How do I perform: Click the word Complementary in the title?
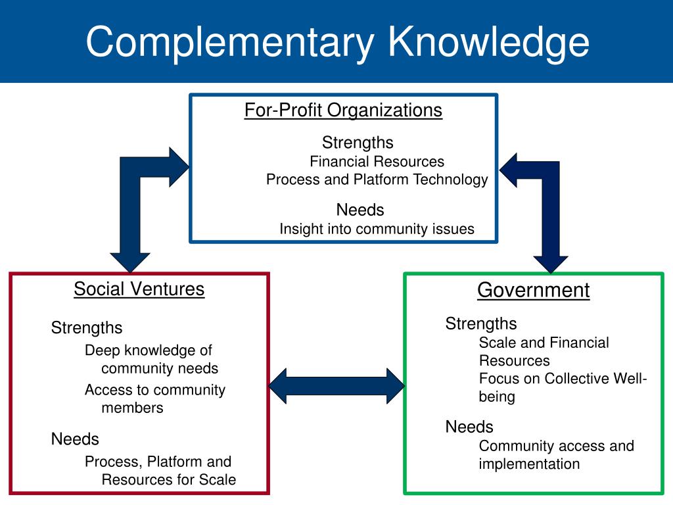(x=229, y=42)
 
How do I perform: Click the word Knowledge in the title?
(x=487, y=42)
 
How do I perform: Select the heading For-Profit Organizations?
(x=343, y=110)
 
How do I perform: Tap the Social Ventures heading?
(x=139, y=289)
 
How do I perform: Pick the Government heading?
(x=533, y=290)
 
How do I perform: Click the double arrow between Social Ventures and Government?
(x=336, y=385)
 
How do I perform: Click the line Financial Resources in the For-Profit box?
(x=377, y=162)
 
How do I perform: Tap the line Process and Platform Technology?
(x=377, y=180)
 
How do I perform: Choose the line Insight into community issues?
(x=377, y=229)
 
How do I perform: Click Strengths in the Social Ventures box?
(x=87, y=327)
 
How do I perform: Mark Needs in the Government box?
(x=469, y=427)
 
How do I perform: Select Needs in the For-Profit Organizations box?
(x=360, y=210)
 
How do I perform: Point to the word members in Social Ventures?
(x=132, y=408)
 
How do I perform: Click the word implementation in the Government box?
(x=529, y=464)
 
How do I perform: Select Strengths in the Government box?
(x=481, y=324)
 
